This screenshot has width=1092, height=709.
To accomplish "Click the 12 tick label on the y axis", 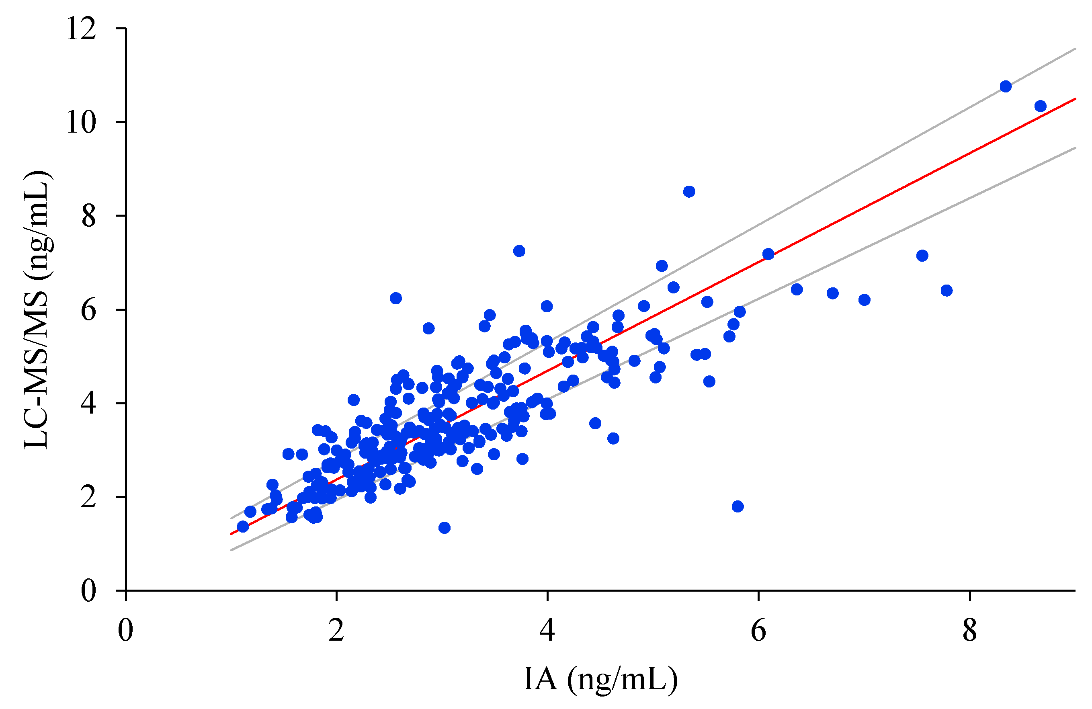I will [x=81, y=29].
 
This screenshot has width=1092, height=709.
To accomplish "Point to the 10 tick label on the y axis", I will [x=81, y=122].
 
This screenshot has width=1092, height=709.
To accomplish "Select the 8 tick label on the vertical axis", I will [x=88, y=216].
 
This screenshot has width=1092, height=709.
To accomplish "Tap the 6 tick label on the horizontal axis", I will [x=758, y=631].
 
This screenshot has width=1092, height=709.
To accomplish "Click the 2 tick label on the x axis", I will [x=336, y=631].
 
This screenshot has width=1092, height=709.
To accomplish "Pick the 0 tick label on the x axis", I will [x=125, y=631].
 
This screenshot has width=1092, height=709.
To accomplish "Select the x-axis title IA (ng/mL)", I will [x=600, y=679].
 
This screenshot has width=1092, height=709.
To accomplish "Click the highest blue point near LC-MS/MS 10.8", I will [x=1006, y=86].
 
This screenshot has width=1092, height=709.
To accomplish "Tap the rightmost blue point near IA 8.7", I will [x=1041, y=106].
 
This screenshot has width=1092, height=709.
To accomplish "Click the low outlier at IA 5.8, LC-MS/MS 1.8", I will [x=738, y=506].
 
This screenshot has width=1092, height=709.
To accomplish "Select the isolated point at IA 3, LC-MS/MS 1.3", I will [x=444, y=528].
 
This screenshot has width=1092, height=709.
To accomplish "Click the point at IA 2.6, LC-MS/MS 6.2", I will [x=396, y=298].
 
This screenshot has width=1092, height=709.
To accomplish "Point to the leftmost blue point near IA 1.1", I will [x=243, y=527].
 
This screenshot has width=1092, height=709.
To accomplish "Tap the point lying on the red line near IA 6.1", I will [x=768, y=254].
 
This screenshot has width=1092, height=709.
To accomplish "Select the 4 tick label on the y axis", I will [x=88, y=404].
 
